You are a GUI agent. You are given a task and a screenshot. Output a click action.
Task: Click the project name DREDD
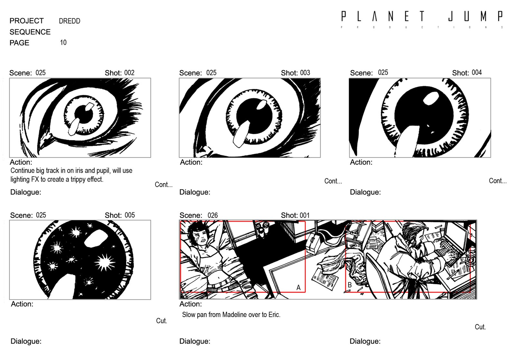70,21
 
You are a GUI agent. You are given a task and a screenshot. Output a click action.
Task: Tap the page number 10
63,42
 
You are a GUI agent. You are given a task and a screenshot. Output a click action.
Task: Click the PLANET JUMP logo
422,19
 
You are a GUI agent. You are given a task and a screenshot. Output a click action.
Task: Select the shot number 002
129,73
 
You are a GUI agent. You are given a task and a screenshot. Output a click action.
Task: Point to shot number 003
305,73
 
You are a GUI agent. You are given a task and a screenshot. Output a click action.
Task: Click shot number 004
477,72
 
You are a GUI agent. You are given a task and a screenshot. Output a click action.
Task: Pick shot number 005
130,215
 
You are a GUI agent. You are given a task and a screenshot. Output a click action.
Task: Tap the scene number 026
212,215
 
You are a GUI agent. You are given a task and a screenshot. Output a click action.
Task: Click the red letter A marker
298,287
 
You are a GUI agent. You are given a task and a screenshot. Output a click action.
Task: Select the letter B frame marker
350,285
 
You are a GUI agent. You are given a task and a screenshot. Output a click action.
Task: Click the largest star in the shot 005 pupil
105,263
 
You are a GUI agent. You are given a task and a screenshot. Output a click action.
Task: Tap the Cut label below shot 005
161,321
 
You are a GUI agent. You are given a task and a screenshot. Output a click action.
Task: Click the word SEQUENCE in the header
30,32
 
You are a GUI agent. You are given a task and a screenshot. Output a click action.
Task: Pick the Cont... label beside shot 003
333,181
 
